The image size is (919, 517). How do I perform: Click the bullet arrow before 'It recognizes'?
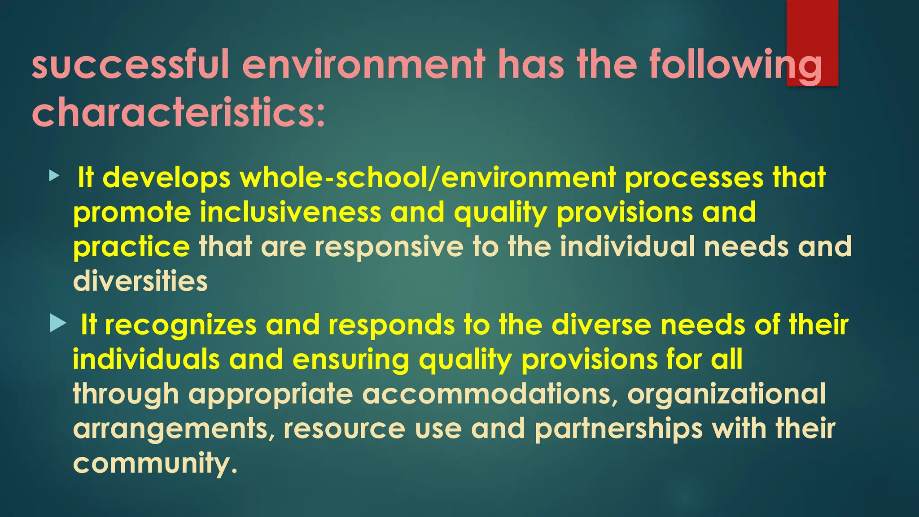pyautogui.click(x=58, y=323)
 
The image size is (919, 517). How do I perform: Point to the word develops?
pyautogui.click(x=166, y=178)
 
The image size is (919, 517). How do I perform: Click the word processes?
pyautogui.click(x=694, y=178)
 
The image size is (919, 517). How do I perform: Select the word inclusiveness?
pyautogui.click(x=290, y=212)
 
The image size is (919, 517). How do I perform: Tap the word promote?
pyautogui.click(x=132, y=212)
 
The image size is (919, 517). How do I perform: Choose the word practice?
pyautogui.click(x=131, y=247)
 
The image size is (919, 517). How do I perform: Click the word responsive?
pyautogui.click(x=389, y=247)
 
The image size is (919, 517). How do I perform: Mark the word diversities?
pyautogui.click(x=140, y=281)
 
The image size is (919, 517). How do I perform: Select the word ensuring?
pyautogui.click(x=350, y=359)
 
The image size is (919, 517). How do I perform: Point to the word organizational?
pyautogui.click(x=726, y=394)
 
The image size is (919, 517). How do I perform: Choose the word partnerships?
pyautogui.click(x=618, y=429)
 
